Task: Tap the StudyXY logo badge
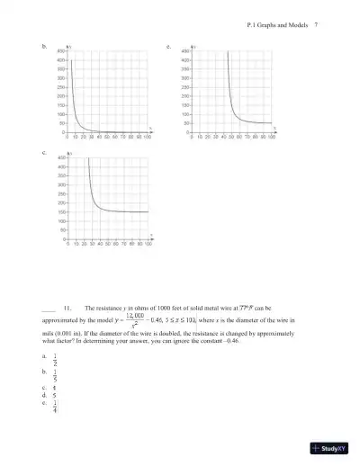pyautogui.click(x=330, y=448)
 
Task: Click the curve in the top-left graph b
pyautogui.click(x=76, y=116)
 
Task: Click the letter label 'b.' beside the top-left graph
pyautogui.click(x=45, y=44)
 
